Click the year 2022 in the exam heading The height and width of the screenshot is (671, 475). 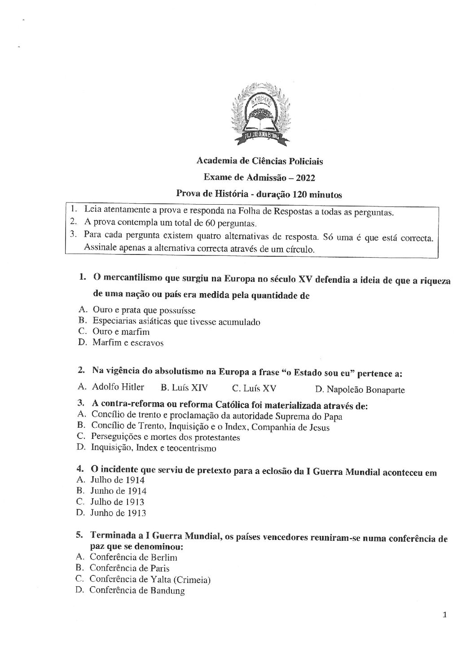pos(306,178)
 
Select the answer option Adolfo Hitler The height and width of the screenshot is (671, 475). pos(118,387)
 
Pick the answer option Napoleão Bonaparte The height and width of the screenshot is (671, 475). pos(365,390)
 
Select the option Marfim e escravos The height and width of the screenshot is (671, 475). pos(128,343)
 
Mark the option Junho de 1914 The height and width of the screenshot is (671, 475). pos(118,491)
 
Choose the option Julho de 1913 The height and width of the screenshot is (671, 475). pos(117,502)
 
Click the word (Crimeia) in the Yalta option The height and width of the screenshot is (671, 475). pos(193,579)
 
